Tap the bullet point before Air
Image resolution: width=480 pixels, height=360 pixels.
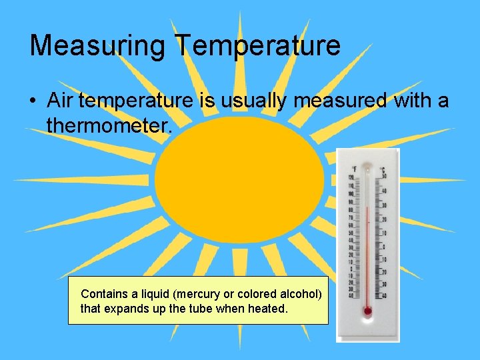coord(33,101)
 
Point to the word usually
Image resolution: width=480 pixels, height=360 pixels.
coord(247,101)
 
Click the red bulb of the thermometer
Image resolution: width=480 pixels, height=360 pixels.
coord(367,311)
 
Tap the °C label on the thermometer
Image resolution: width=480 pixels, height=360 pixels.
coord(383,170)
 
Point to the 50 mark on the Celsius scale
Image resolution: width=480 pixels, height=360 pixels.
coord(385,176)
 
